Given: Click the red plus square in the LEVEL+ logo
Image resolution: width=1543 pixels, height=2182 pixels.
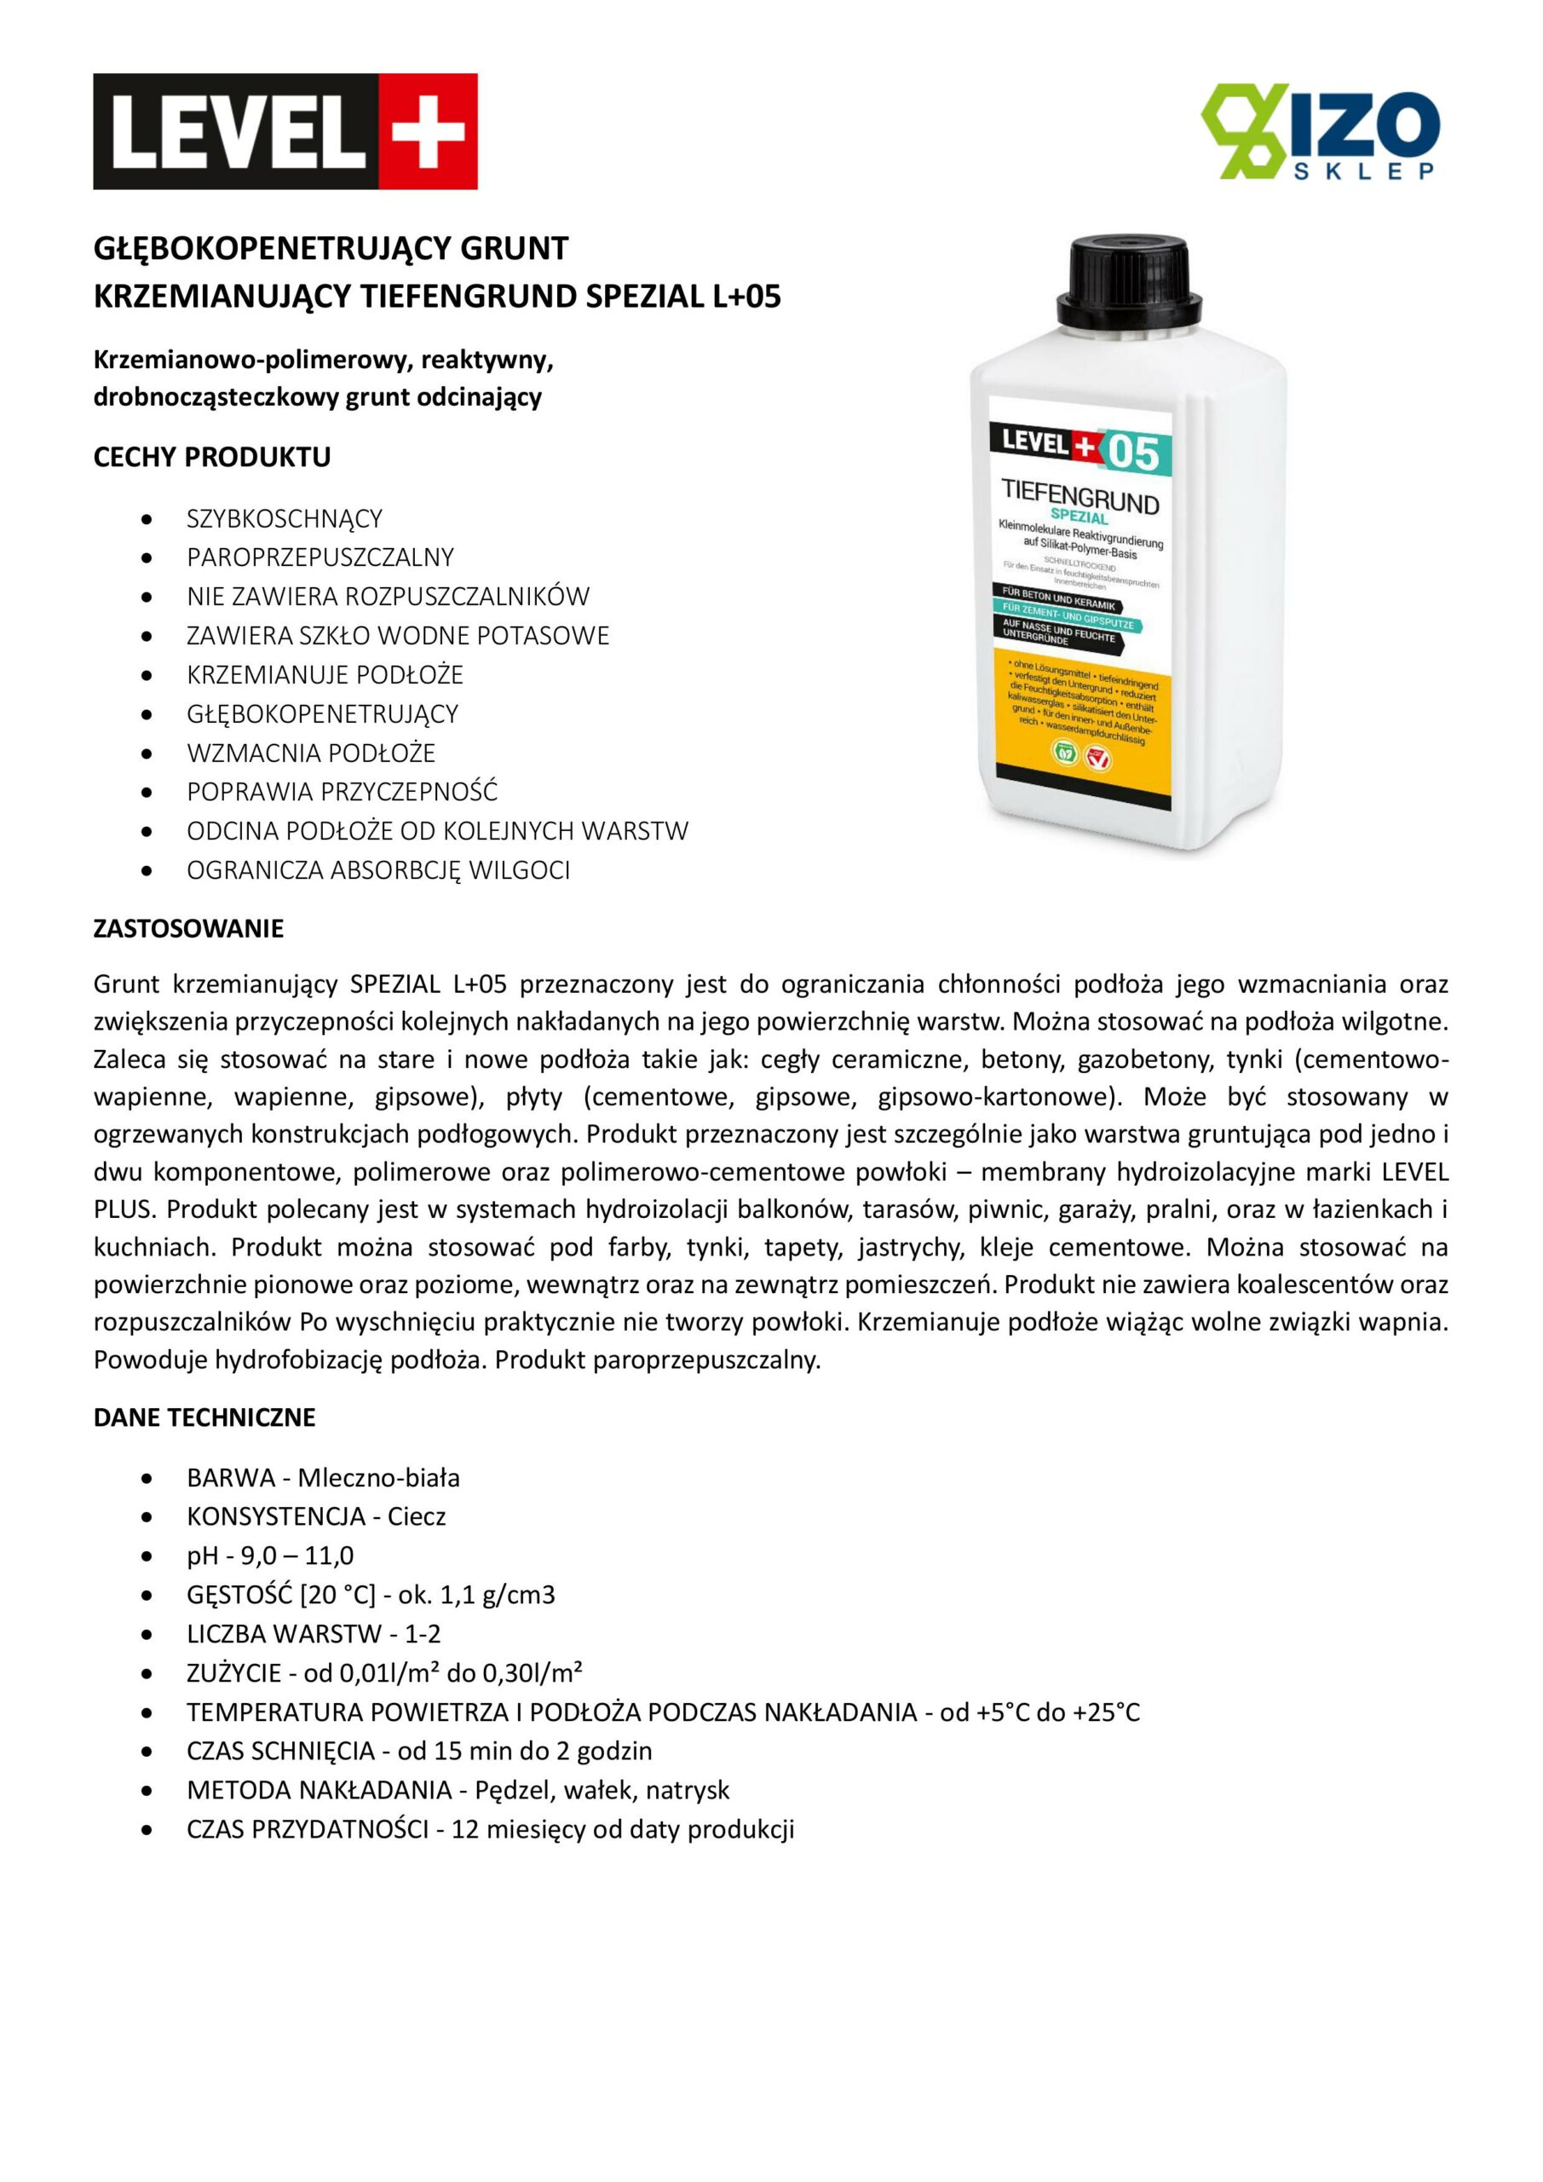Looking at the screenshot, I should (x=428, y=131).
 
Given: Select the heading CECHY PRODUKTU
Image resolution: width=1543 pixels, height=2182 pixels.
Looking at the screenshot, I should (x=212, y=457).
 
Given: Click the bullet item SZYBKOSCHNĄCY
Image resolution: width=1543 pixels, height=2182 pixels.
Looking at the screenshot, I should (x=284, y=519).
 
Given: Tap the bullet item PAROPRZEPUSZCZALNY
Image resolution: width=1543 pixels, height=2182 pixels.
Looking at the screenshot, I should (x=320, y=557).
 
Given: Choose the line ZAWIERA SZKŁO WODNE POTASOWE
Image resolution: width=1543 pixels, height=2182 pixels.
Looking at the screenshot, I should (x=397, y=636).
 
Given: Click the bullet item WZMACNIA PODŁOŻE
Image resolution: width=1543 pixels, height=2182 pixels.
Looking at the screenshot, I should (x=311, y=753).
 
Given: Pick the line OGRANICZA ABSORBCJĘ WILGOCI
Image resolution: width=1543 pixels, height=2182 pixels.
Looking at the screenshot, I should (x=378, y=870).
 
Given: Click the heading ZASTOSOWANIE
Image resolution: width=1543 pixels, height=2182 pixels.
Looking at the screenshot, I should (x=188, y=928).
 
